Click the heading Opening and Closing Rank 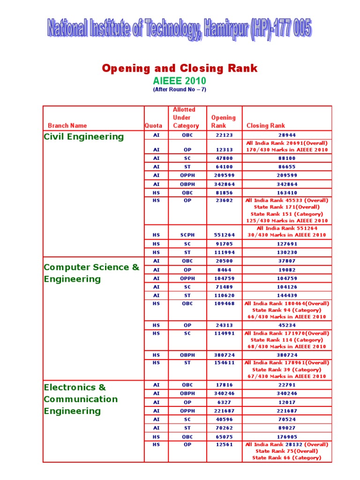(x=180, y=68)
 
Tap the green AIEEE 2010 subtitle (x=180, y=81)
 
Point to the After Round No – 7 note (x=180, y=89)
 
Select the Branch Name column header (x=67, y=126)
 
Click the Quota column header (x=153, y=126)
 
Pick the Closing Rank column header (x=266, y=126)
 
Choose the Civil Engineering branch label (x=84, y=137)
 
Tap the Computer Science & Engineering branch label (x=91, y=273)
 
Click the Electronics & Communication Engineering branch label (x=81, y=399)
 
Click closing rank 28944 (x=285, y=135)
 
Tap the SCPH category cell (x=187, y=235)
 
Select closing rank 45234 (x=285, y=325)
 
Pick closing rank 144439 (x=285, y=296)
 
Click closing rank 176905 (x=285, y=436)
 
